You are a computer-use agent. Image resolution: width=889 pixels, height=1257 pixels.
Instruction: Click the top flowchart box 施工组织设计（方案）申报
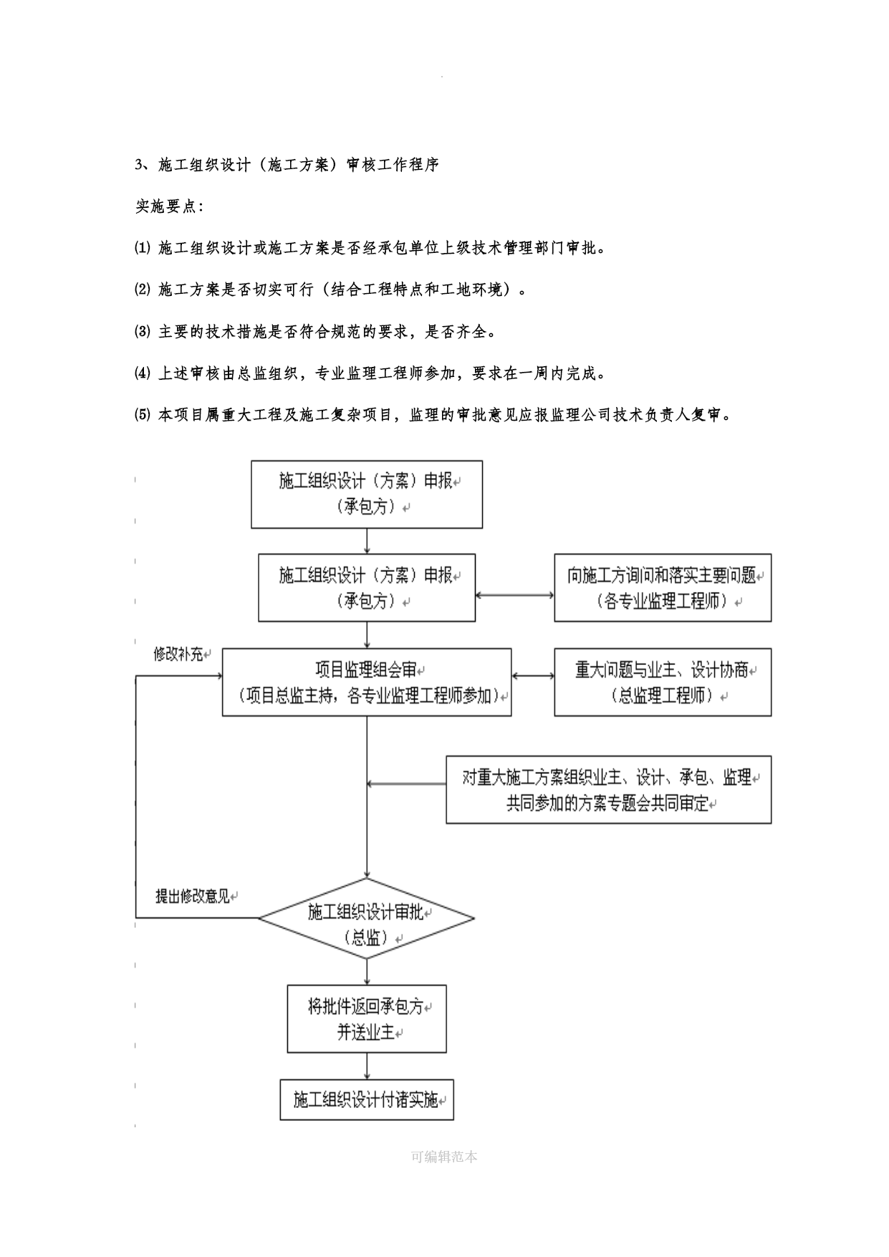pyautogui.click(x=366, y=494)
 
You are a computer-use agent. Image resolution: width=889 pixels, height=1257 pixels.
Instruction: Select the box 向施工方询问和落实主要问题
pyautogui.click(x=663, y=588)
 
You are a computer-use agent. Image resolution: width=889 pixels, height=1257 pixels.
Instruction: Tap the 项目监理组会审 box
pyautogui.click(x=367, y=682)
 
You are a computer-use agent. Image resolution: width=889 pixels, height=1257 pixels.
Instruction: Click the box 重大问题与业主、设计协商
pyautogui.click(x=663, y=682)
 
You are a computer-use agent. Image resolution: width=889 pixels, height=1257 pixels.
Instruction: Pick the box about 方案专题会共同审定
pyautogui.click(x=609, y=789)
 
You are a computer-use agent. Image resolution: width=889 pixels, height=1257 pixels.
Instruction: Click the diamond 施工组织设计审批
pyautogui.click(x=366, y=918)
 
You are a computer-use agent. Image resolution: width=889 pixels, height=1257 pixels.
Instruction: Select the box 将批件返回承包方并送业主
pyautogui.click(x=367, y=1019)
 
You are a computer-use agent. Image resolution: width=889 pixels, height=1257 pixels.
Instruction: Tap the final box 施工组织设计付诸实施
pyautogui.click(x=367, y=1100)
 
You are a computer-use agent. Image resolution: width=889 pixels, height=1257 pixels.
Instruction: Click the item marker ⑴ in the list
pyautogui.click(x=143, y=249)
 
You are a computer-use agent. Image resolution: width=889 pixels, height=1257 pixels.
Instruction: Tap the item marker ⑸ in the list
pyautogui.click(x=143, y=415)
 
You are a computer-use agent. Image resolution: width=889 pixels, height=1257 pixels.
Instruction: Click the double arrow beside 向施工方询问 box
pyautogui.click(x=514, y=595)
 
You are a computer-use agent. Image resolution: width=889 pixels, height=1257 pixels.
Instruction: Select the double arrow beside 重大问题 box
pyautogui.click(x=533, y=676)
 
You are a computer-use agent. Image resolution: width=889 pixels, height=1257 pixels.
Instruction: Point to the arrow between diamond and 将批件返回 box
pyautogui.click(x=367, y=971)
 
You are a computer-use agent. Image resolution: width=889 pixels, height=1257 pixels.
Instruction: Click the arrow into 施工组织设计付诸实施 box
pyautogui.click(x=367, y=1066)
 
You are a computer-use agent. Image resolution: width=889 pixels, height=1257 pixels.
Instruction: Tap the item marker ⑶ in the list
pyautogui.click(x=143, y=332)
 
